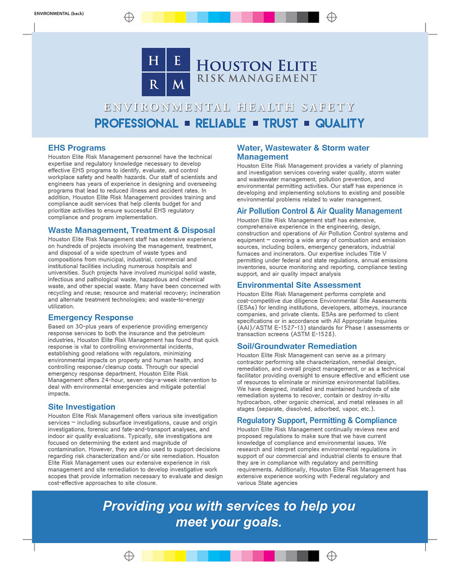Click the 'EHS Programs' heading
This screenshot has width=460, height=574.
coord(77,148)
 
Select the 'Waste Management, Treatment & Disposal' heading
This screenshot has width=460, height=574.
coord(132,230)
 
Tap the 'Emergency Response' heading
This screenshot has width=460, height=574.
coord(91,317)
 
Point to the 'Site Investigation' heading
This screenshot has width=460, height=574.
coord(81,407)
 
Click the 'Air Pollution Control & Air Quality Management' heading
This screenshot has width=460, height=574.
coord(319,211)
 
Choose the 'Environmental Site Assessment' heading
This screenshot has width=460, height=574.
coord(299,285)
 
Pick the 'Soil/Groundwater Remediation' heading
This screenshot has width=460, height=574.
coord(297,346)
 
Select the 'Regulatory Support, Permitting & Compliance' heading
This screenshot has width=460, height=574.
coord(316,420)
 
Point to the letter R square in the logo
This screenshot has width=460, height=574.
coord(154,84)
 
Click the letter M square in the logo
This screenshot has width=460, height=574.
coord(178,84)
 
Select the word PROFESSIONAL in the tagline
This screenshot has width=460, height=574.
coord(136,124)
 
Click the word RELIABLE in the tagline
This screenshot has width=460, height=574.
coord(221,124)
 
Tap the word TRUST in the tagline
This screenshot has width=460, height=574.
coord(280,124)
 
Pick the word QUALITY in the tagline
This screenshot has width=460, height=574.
coord(339,124)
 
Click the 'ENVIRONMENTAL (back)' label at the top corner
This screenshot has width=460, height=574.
coord(59,13)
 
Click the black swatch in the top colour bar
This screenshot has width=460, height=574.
coord(313,17)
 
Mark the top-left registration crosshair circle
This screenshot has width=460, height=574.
coord(129,17)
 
